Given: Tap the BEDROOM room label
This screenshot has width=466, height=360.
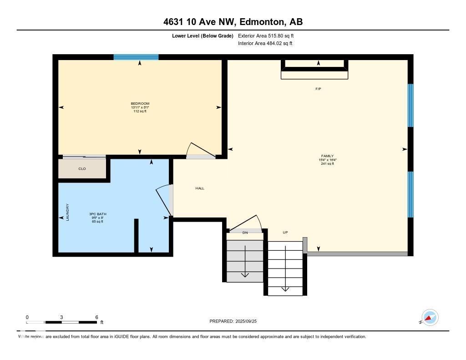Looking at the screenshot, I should coord(140,103).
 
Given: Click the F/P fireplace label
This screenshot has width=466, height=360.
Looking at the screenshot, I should coord(318,89).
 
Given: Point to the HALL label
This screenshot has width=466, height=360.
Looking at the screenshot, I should coord(200,188).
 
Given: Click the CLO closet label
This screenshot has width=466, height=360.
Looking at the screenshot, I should coord(82,169).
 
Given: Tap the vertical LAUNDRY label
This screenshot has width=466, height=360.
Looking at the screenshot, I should coord(67,212).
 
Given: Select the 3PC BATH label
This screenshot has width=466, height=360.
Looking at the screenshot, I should coord(97,214).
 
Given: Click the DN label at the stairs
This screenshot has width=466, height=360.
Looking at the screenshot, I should coord(245,233).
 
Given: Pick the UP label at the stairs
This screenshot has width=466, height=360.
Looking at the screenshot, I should coord(285,233).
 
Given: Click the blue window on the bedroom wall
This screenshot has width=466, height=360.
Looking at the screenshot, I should coord(136,57).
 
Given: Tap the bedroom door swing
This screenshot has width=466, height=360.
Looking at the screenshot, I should coord(200,151).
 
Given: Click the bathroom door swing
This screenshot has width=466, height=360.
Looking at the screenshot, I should coord(164,200).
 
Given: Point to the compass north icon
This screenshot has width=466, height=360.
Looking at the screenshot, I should coord(430,317).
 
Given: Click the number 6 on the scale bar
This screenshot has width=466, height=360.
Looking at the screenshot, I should coord(96,317).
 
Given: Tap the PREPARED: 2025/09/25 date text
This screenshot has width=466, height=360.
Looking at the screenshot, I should coord(236,321).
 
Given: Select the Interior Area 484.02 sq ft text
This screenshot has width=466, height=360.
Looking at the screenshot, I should coord(265,44).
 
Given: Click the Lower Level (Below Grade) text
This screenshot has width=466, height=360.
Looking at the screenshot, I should coord(203,35).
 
